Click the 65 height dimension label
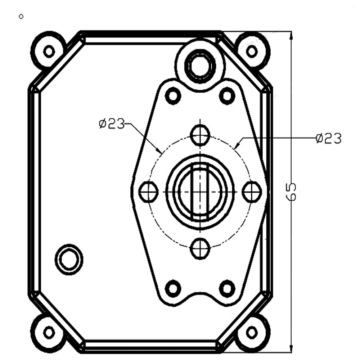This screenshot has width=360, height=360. point(291,192)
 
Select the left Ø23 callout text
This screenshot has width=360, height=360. point(112,124)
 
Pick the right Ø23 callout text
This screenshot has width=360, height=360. point(329,139)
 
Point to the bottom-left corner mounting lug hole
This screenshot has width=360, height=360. point(49,332)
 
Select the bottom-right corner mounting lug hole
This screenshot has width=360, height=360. point(252,332)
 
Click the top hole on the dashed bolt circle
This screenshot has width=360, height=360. point(200,135)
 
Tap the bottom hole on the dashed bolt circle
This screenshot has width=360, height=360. point(200,249)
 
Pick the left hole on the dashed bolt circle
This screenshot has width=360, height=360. point(149,192)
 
